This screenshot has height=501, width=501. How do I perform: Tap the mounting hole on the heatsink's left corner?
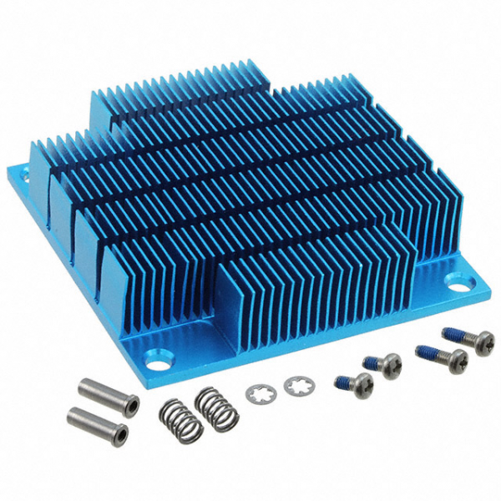pos(23,177)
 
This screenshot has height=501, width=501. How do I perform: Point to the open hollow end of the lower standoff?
pos(122,433)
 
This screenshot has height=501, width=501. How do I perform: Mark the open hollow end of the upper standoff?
pos(131,405)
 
